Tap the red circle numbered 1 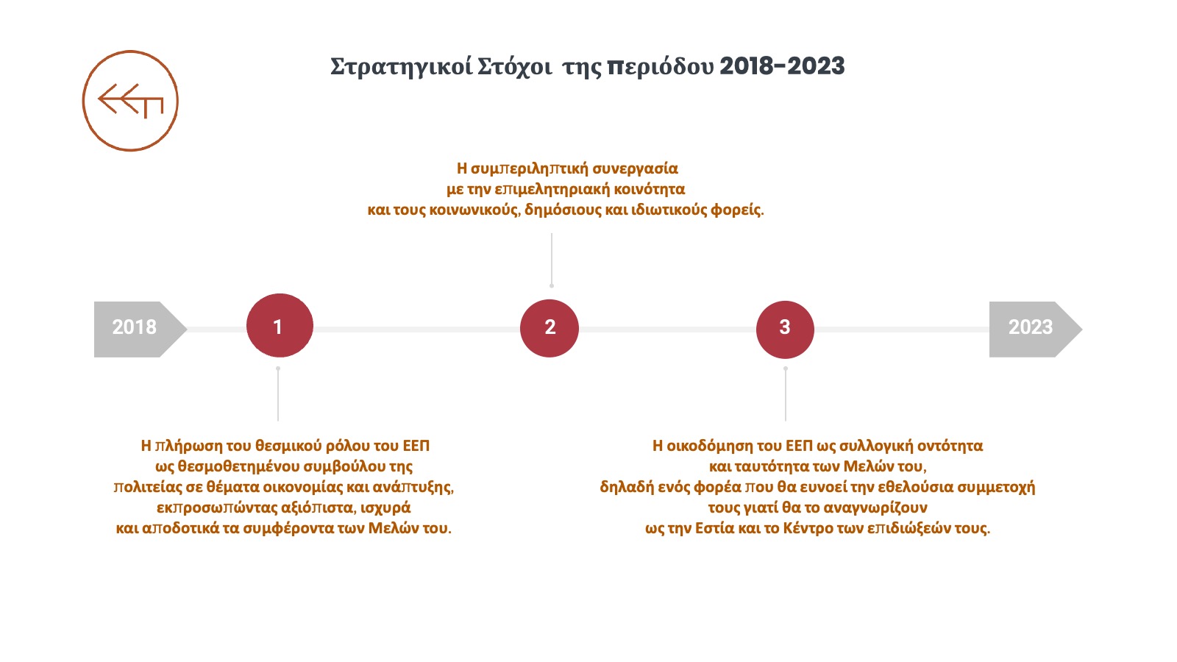tap(280, 326)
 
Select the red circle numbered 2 tap(550, 328)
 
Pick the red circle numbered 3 tap(785, 330)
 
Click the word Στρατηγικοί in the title tap(402, 67)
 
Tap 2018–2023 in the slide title tap(782, 66)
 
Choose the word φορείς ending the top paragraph tap(737, 210)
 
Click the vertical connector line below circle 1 tap(278, 394)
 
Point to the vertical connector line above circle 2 tap(552, 260)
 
